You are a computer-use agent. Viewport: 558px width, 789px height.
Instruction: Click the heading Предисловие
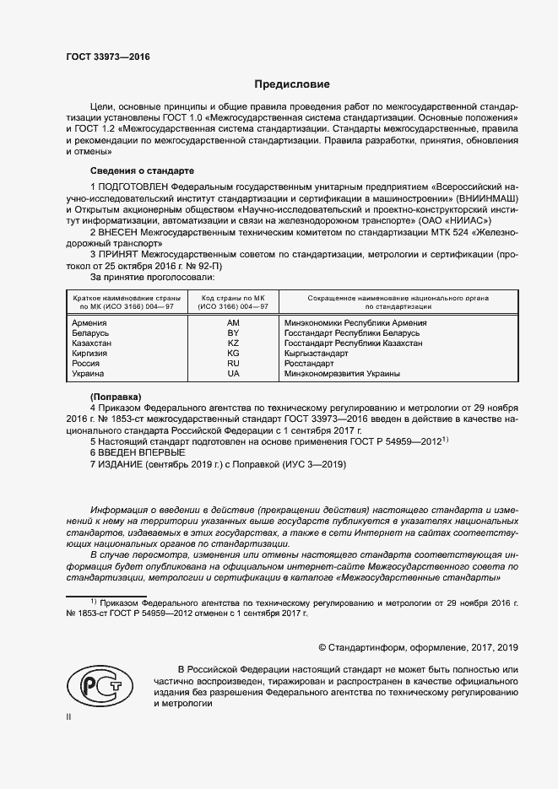click(292, 84)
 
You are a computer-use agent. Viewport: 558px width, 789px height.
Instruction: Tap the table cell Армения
click(89, 323)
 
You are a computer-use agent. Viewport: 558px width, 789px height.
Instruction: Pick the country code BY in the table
click(234, 333)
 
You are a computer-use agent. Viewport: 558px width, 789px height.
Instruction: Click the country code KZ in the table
click(234, 343)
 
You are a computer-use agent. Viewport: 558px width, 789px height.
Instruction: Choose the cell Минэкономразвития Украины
click(342, 374)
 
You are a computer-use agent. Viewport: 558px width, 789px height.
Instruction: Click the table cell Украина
click(89, 374)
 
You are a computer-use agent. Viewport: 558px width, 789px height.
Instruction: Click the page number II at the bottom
click(68, 716)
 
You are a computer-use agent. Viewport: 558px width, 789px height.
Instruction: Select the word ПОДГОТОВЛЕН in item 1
click(133, 185)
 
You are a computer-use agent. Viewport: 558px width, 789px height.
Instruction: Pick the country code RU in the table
click(234, 364)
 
